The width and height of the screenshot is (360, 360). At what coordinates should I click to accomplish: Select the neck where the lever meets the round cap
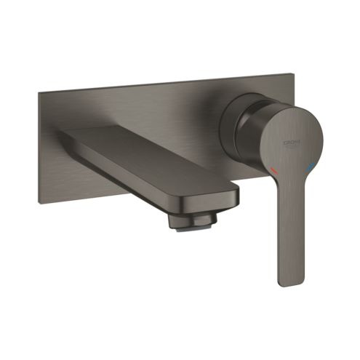291,182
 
